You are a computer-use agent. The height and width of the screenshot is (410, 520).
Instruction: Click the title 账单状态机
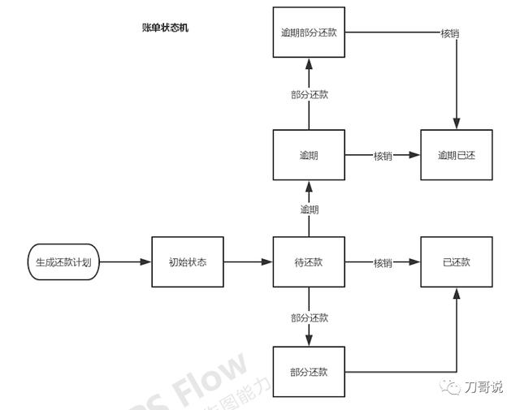[166, 28]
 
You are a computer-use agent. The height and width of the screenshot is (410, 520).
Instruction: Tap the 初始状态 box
[188, 262]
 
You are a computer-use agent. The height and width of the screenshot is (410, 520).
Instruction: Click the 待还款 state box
[309, 262]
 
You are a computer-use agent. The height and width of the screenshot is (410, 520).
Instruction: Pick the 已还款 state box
[456, 262]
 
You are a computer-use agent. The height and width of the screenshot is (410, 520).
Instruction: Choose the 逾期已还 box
[456, 154]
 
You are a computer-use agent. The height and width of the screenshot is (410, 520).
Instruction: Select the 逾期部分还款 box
[309, 32]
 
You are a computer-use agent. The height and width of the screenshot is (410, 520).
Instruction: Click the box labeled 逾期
[309, 154]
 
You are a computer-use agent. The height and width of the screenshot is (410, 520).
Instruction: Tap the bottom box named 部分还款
[309, 372]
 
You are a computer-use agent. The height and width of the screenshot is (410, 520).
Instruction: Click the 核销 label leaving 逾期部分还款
[451, 33]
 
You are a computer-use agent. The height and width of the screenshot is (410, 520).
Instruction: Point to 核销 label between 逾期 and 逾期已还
[383, 155]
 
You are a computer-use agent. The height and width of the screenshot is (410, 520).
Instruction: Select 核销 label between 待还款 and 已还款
[383, 263]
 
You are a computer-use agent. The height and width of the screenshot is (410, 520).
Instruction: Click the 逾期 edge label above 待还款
[310, 209]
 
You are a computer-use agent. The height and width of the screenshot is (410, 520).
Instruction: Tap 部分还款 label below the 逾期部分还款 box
[310, 94]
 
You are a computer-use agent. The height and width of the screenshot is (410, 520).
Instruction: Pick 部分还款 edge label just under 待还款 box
[310, 317]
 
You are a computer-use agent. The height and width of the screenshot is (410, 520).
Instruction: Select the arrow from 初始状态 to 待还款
[247, 262]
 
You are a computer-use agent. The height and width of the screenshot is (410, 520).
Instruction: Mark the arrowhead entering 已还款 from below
[456, 294]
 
